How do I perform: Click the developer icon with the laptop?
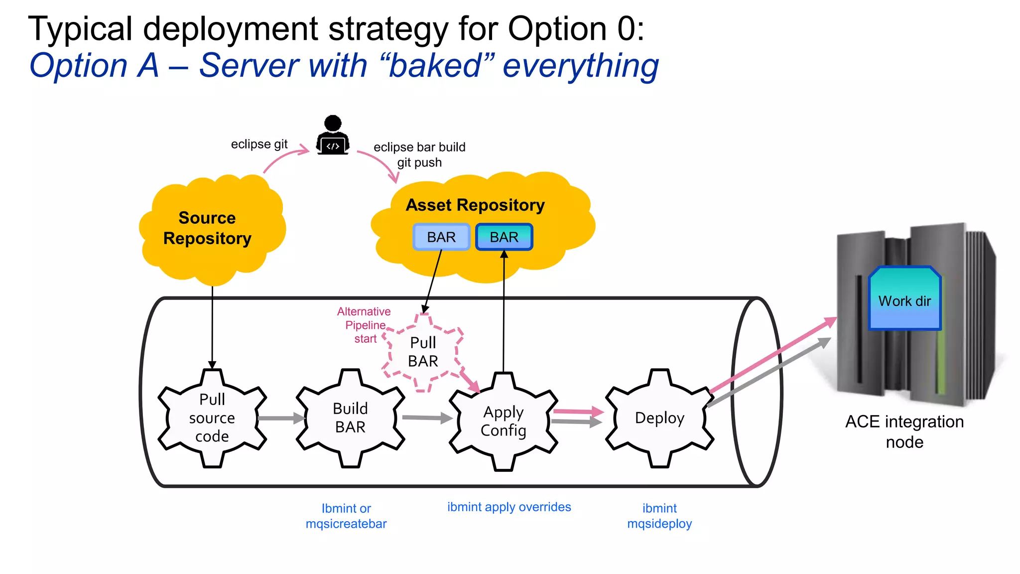333,136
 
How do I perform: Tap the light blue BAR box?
441,237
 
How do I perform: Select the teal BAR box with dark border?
504,237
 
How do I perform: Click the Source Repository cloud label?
207,228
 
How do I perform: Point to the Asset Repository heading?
475,205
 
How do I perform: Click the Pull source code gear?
212,418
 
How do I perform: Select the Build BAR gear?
350,418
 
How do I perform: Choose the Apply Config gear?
503,422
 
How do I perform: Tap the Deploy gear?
659,418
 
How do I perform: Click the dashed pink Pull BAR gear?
423,352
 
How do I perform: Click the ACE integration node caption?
904,431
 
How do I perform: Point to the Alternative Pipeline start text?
365,325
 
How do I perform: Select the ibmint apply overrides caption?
509,507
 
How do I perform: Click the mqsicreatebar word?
346,524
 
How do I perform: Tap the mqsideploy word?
659,524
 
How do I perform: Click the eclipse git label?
259,144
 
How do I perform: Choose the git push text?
419,163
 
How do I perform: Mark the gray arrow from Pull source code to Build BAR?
281,418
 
